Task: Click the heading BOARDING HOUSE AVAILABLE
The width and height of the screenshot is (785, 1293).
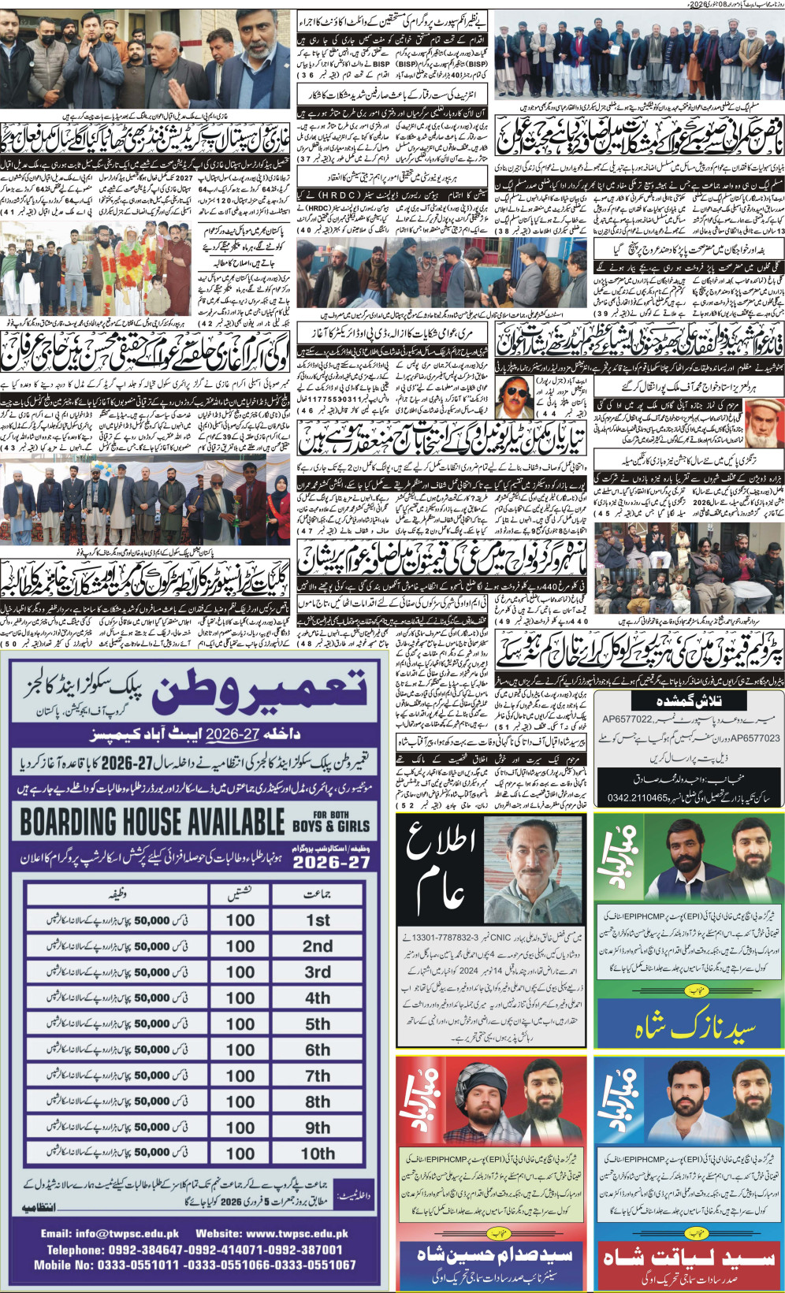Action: click(152, 822)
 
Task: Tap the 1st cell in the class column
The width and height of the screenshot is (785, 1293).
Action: click(318, 920)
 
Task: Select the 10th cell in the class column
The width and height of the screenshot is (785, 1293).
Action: click(318, 1153)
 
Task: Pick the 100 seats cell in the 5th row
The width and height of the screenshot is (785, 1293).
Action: click(240, 1024)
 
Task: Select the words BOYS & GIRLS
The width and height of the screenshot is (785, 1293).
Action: click(329, 826)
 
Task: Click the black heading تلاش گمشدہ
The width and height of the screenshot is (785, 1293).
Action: click(688, 700)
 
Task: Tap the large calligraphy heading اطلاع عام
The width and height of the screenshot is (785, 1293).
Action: click(441, 867)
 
